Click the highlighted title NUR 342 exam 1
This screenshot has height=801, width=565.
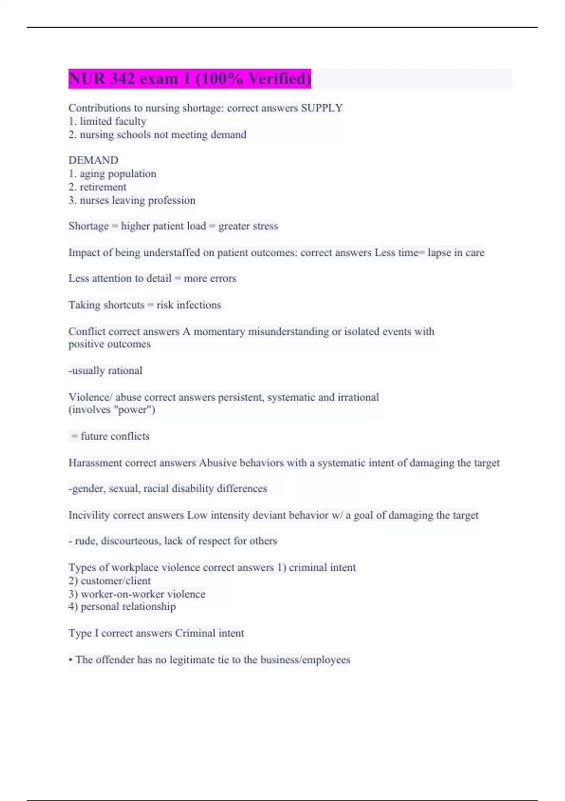click(x=189, y=79)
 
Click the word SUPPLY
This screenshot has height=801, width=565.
click(x=322, y=108)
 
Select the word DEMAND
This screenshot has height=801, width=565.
click(x=93, y=160)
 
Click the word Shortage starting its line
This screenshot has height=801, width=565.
click(x=89, y=226)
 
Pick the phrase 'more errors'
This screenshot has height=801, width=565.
click(x=210, y=278)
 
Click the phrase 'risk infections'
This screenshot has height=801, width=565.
click(x=189, y=305)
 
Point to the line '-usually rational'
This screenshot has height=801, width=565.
click(x=105, y=371)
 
